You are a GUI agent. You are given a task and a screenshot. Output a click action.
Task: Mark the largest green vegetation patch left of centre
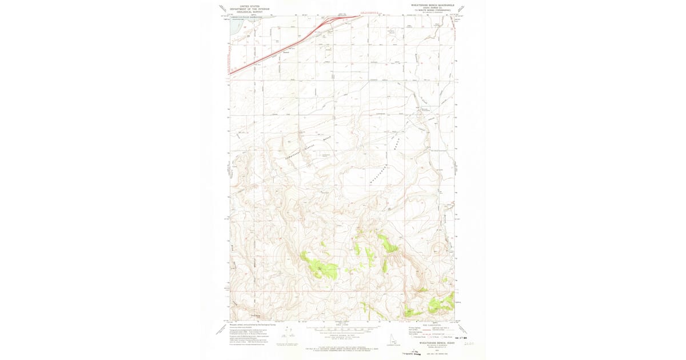tap(321, 268)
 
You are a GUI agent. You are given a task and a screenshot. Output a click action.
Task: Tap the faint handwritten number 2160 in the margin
tap(470, 343)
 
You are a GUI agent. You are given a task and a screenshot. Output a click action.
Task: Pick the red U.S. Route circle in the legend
tap(425, 337)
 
